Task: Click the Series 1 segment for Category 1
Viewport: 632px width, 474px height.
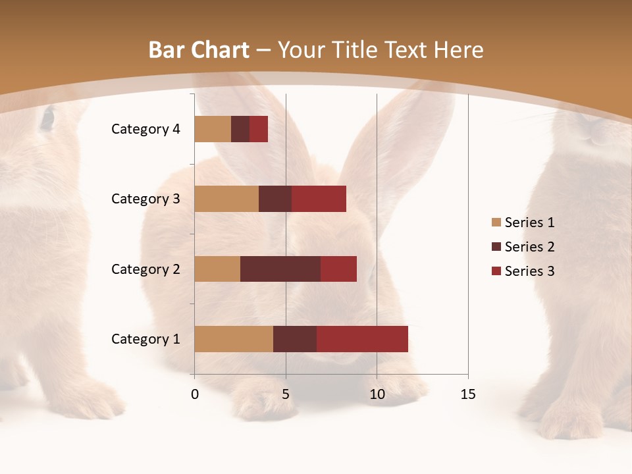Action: [234, 338]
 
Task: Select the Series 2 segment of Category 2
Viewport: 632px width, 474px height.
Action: [280, 269]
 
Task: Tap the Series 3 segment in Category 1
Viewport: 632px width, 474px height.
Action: [362, 338]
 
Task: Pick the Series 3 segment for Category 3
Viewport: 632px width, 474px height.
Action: [319, 199]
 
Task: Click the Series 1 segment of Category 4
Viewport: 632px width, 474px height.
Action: [213, 129]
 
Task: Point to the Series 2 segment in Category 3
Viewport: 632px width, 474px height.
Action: [275, 199]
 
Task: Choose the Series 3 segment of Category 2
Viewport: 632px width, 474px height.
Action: [338, 269]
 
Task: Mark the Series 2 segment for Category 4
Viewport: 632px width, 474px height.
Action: [240, 129]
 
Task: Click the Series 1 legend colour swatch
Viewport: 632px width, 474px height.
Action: [496, 223]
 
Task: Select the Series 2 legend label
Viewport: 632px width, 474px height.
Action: [529, 247]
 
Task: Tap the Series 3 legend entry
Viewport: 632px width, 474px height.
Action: [523, 271]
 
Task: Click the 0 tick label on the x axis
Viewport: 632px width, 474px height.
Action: [195, 394]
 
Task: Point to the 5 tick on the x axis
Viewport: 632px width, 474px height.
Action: [286, 394]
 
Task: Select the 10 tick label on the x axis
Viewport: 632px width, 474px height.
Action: [377, 394]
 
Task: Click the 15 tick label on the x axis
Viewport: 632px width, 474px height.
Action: [467, 394]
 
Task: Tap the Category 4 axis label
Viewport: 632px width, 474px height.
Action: [145, 129]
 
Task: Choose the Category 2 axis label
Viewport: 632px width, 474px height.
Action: [145, 269]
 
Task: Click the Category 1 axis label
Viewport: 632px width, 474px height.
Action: [145, 339]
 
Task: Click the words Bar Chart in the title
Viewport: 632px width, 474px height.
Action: [199, 50]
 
